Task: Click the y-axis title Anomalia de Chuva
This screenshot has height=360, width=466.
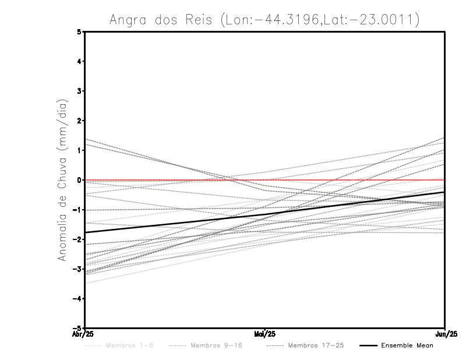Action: tap(61, 180)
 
